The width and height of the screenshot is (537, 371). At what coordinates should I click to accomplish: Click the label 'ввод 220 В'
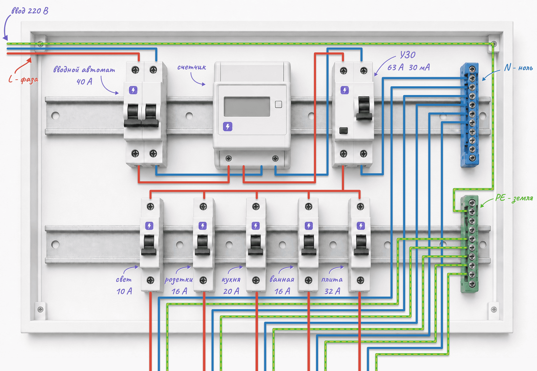[x=30, y=11]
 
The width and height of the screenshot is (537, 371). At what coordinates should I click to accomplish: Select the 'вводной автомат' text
[x=84, y=70]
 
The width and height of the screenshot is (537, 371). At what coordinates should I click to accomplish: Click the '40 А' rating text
[x=84, y=82]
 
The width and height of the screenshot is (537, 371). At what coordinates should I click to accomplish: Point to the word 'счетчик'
[x=192, y=67]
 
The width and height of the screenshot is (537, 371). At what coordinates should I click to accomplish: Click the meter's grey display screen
[x=247, y=107]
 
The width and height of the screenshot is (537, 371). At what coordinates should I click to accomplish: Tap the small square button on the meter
[x=278, y=104]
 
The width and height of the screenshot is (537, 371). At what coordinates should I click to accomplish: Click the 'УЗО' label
[x=408, y=55]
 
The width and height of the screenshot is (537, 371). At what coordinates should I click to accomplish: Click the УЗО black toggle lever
[x=364, y=108]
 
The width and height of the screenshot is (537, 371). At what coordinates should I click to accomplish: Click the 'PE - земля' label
[x=514, y=198]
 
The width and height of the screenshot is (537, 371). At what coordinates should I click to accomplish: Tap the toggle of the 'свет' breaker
[x=149, y=245]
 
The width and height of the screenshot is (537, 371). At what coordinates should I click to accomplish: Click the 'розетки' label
[x=179, y=280]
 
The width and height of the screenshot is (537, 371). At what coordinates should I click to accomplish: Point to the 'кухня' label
[x=231, y=279]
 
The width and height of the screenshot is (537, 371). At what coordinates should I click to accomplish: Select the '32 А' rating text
[x=332, y=291]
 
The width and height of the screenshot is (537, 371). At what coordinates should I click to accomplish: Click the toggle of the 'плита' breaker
[x=361, y=245]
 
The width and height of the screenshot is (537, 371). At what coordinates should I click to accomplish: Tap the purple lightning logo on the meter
[x=228, y=126]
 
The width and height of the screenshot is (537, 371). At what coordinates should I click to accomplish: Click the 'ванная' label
[x=282, y=279]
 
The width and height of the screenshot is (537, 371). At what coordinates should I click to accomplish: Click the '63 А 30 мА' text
[x=408, y=67]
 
